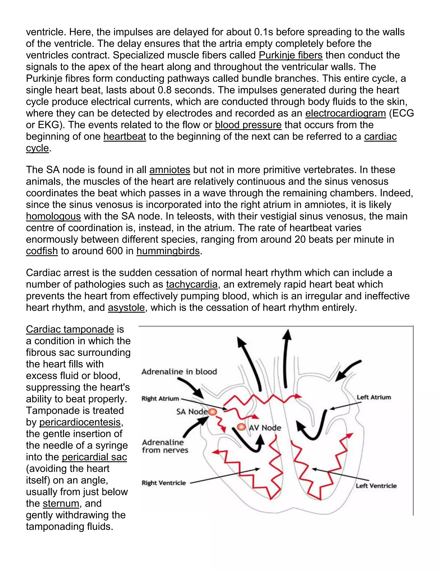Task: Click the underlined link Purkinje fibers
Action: coord(290,55)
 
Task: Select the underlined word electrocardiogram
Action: coord(345,113)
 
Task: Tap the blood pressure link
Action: coord(248,125)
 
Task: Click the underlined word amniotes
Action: coord(169,170)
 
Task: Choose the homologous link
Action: coord(53,217)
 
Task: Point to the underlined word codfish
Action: coord(42,251)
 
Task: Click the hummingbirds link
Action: coord(168,251)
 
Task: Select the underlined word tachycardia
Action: coord(191,284)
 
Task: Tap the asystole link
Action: coord(126,308)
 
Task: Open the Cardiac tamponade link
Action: coord(70,329)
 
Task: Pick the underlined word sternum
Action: coord(61,504)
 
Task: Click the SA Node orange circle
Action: coord(213,412)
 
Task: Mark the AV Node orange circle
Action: coord(241,427)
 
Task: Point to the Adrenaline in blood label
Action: coord(179,372)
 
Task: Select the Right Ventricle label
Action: coord(164,483)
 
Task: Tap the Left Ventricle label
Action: coord(376,486)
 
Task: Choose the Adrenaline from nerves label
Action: coord(165,446)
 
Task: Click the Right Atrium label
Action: coord(160,399)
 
